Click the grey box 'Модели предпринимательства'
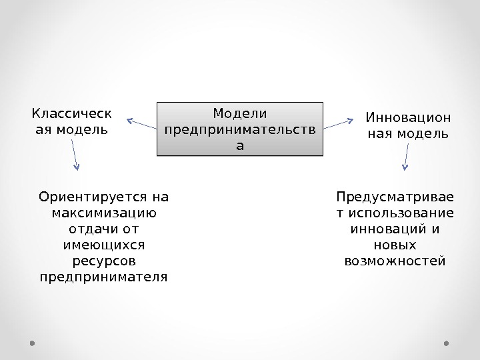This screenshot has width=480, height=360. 239,128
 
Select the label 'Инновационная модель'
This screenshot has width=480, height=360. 408,126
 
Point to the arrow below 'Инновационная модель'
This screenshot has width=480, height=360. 405,158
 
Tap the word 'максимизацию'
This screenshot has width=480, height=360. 103,214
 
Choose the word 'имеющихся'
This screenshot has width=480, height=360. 103,245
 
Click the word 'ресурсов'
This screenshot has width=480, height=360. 103,261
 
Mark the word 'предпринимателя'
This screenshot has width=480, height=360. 103,277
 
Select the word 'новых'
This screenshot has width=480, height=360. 395,245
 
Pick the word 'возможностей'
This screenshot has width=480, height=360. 395,261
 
